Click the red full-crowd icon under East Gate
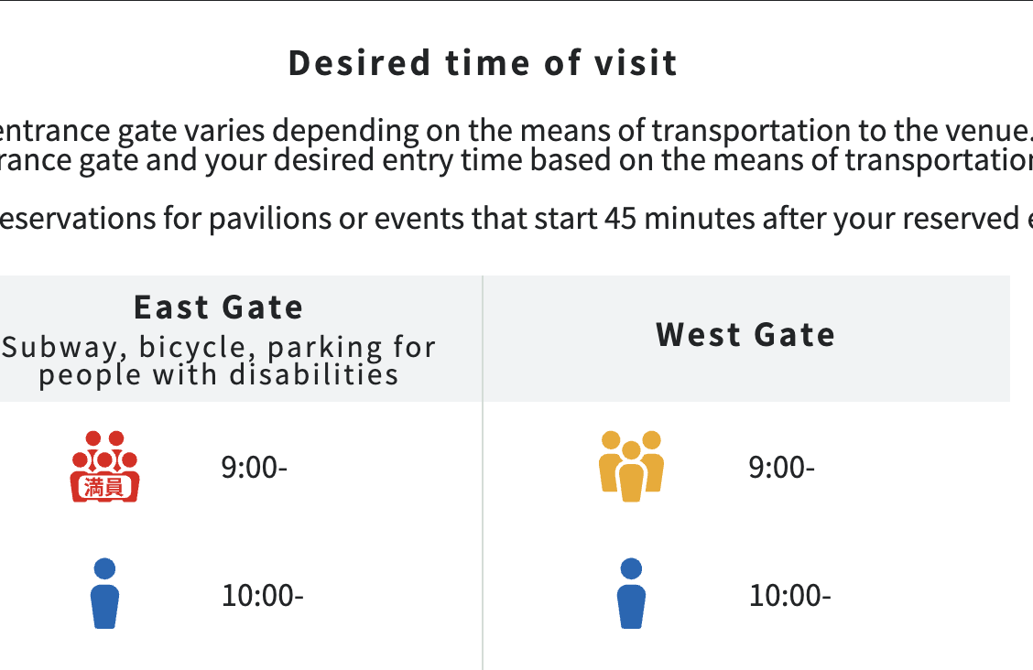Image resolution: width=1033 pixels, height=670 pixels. (x=104, y=466)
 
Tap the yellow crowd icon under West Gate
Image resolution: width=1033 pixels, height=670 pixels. (x=631, y=466)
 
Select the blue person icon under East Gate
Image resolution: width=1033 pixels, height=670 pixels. (x=104, y=593)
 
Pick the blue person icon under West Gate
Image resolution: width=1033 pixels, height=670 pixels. (x=631, y=593)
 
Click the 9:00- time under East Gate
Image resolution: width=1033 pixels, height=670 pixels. (x=255, y=468)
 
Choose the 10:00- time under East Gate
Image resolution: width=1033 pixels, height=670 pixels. (x=262, y=596)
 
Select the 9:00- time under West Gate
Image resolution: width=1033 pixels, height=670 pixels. (x=781, y=468)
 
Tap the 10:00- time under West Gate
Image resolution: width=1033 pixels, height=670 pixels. (x=790, y=596)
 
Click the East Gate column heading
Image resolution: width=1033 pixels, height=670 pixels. (x=218, y=308)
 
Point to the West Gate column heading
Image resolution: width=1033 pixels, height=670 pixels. (x=745, y=334)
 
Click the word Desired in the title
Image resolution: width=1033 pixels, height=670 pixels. (x=360, y=63)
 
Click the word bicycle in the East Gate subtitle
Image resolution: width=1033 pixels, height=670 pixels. (x=192, y=348)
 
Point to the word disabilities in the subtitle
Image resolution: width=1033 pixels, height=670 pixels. (x=313, y=375)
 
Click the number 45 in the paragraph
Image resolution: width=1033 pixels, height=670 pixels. (x=621, y=219)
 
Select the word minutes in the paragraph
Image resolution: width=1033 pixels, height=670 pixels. (x=700, y=219)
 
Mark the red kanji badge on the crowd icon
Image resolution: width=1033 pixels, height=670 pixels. (x=104, y=487)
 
